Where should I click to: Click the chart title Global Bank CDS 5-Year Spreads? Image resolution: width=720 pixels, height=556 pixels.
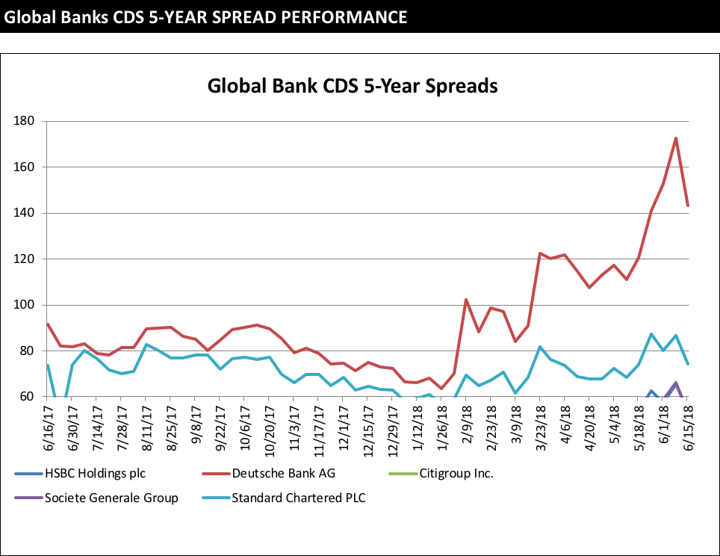tap(352, 86)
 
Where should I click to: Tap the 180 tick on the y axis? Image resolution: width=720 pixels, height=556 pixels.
tap(25, 121)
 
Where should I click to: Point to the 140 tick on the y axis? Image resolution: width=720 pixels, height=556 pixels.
tap(25, 213)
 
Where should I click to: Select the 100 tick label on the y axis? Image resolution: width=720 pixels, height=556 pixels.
tap(25, 305)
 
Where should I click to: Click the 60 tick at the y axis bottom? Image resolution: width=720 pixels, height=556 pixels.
tap(28, 397)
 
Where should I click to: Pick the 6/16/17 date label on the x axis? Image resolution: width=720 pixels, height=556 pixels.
tap(48, 424)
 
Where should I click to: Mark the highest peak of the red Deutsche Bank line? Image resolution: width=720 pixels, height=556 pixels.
tap(676, 138)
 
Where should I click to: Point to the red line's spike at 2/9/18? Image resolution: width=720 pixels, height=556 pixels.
tap(466, 300)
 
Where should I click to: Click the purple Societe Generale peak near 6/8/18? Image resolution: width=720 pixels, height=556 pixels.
tap(676, 383)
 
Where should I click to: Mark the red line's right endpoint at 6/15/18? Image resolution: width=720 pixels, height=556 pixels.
tap(688, 205)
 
